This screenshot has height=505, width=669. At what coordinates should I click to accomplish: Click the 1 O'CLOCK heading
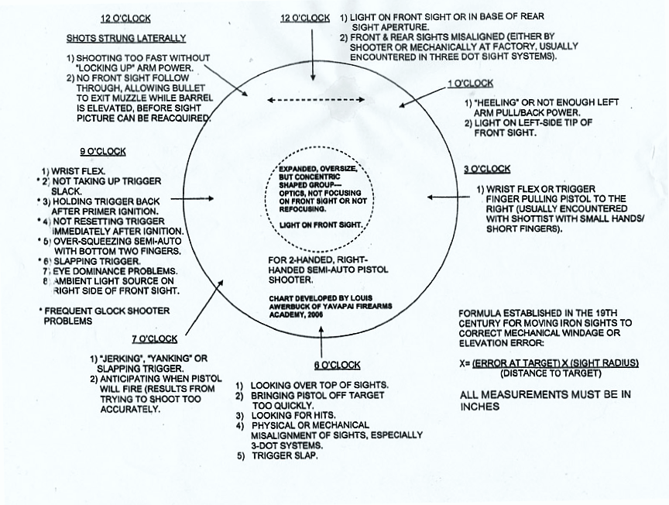pos(470,83)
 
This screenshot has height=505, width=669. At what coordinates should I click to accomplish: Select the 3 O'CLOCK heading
pos(487,169)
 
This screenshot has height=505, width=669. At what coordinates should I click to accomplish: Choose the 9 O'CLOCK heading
pos(103,152)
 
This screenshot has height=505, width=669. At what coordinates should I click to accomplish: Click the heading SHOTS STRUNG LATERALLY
pos(125,38)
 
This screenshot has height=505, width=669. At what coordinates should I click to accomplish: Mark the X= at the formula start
pos(466,362)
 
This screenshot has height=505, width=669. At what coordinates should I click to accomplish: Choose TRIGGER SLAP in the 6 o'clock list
pos(285,455)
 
